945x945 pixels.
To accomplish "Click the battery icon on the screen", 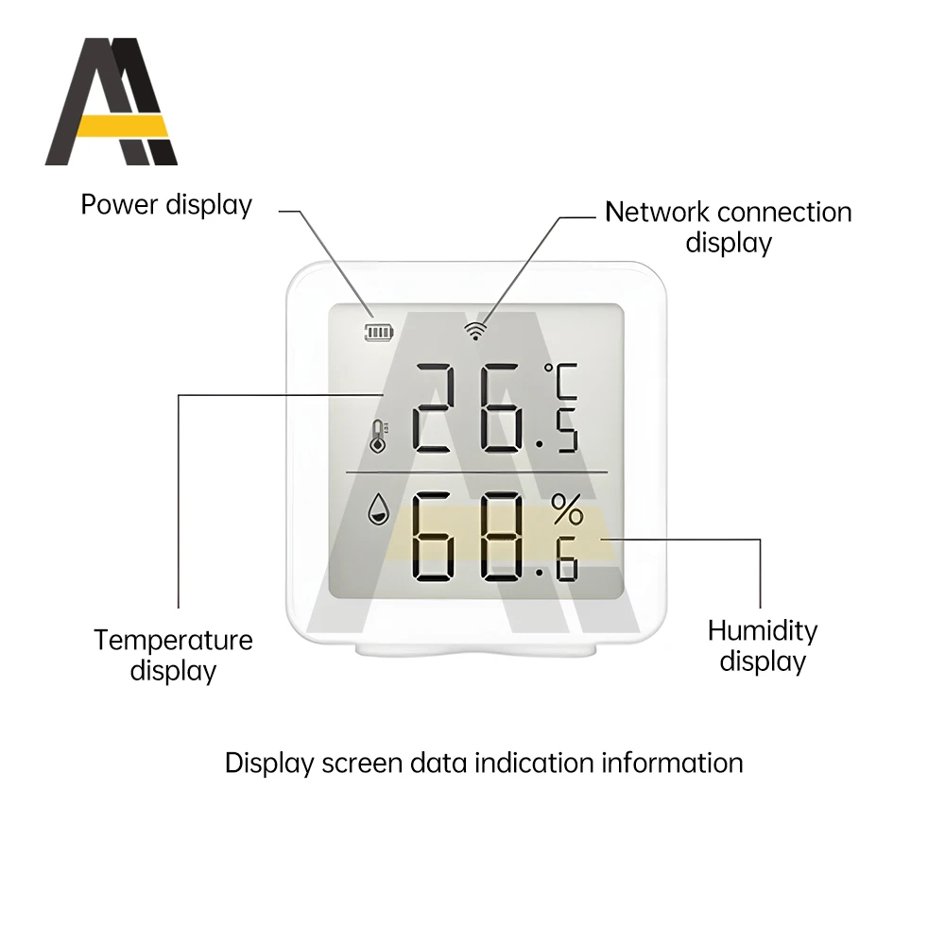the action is pos(381,332).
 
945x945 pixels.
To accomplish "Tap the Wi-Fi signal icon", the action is pos(475,330).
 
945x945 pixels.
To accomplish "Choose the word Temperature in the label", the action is pos(173,641).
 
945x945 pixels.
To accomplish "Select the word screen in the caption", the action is pos(354,763).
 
